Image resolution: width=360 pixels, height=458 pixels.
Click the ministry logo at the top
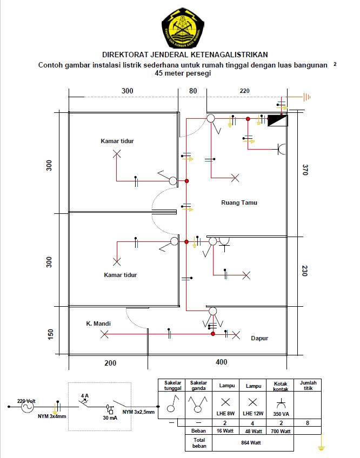pos(183,28)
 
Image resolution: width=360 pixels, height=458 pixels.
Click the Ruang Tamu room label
pos(239,203)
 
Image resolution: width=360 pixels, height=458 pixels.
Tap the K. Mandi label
pos(98,324)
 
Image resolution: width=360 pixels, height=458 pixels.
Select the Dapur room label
pos(259,338)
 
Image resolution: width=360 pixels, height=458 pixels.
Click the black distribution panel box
pos(277,120)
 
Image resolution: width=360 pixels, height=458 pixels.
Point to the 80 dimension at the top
pos(193,91)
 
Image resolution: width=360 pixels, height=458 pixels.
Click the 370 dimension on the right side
pos(305,170)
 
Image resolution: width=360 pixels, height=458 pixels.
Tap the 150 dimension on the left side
pos(50,334)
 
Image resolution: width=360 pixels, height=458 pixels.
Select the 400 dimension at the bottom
pos(222,362)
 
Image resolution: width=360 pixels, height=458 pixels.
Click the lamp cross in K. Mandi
pos(104,334)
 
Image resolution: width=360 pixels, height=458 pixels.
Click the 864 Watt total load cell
pos(251,443)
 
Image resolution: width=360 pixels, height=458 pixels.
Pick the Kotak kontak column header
pos(281,386)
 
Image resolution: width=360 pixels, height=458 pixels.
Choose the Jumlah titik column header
pos(308,385)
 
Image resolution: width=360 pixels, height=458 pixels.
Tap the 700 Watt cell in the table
pos(281,431)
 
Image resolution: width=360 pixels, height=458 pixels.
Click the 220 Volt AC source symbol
pos(27,406)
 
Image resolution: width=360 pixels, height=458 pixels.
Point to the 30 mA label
pos(110,418)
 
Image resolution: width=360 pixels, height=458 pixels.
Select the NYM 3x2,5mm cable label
pos(138,412)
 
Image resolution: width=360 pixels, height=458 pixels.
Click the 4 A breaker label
pos(85,396)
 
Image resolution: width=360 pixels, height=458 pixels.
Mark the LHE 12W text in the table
pos(253,414)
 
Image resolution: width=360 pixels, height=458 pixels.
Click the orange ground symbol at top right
pos(306,97)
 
